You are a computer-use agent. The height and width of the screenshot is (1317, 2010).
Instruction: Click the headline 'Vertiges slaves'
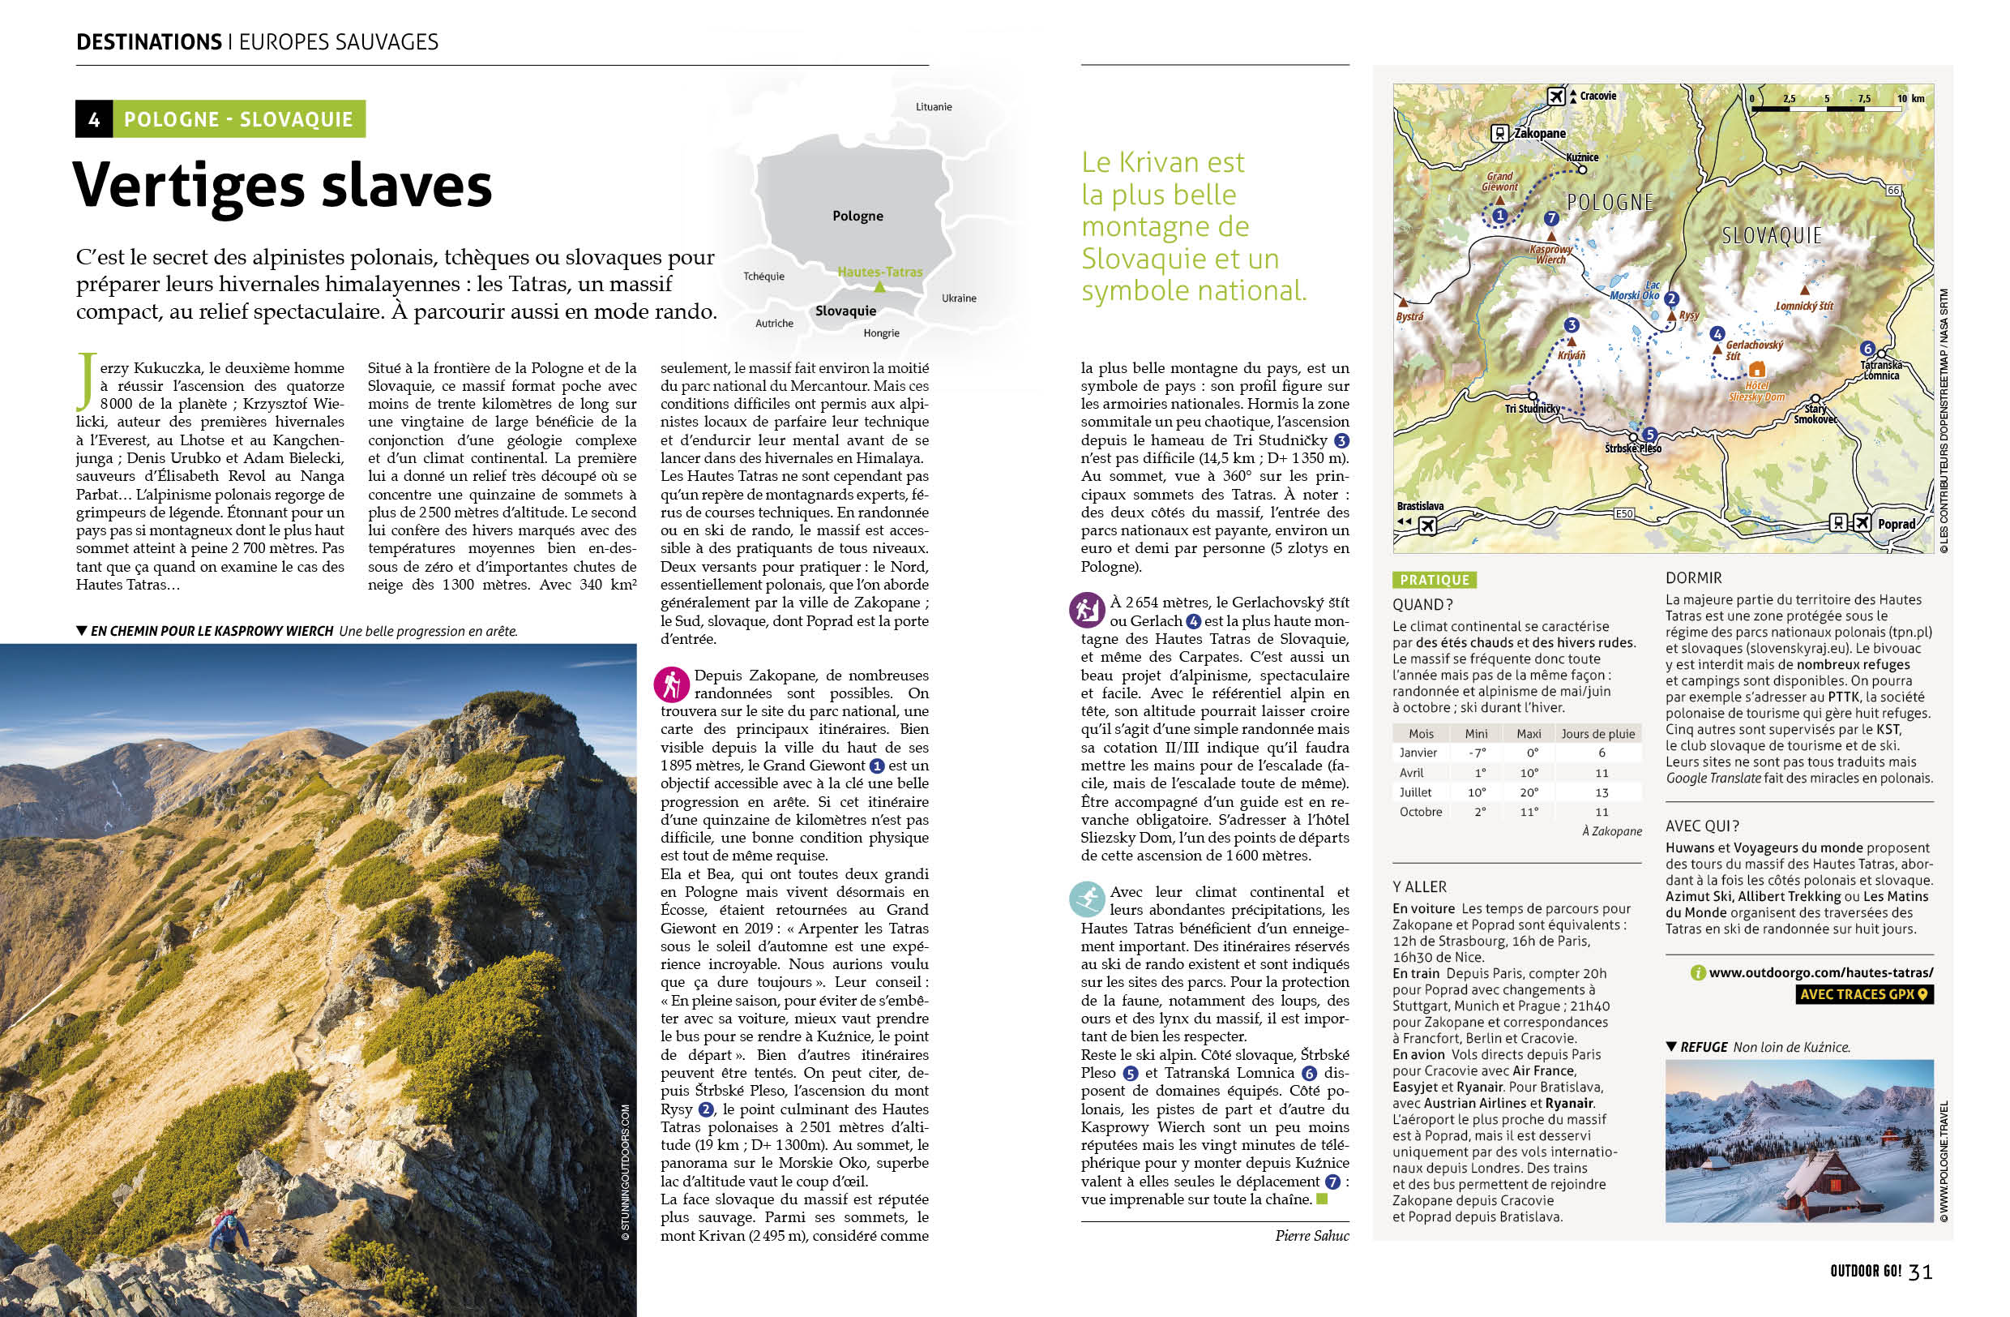click(282, 184)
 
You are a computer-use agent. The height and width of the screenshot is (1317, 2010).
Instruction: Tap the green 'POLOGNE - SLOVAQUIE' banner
click(238, 119)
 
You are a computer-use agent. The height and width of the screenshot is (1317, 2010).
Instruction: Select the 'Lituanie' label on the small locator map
click(933, 106)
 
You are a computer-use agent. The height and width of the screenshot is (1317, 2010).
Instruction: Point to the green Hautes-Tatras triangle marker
click(879, 287)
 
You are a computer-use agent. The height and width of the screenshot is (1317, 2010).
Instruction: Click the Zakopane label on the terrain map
click(1540, 134)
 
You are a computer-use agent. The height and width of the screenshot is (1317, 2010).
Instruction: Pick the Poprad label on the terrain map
click(1896, 524)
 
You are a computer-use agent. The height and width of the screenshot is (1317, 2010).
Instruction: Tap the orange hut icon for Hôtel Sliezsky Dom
click(1756, 368)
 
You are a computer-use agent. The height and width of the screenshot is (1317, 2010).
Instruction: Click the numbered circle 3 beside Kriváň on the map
click(1571, 325)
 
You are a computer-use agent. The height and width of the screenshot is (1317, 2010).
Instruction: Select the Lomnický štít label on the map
click(1804, 306)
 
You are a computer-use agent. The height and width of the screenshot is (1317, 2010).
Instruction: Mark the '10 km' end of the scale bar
click(1910, 99)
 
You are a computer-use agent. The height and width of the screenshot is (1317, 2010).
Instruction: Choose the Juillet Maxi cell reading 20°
click(1529, 792)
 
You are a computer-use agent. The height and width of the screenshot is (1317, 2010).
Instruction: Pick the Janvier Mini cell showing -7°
click(1476, 753)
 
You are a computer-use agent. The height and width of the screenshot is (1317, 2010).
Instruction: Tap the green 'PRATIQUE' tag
click(1434, 580)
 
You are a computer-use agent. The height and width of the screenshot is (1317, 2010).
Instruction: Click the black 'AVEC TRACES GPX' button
click(1864, 994)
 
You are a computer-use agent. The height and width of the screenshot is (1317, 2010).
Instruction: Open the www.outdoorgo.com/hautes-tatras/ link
click(1820, 972)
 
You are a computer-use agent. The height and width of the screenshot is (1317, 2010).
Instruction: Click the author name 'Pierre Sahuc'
click(1311, 1236)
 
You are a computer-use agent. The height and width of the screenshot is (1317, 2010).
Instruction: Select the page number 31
click(1921, 1272)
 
